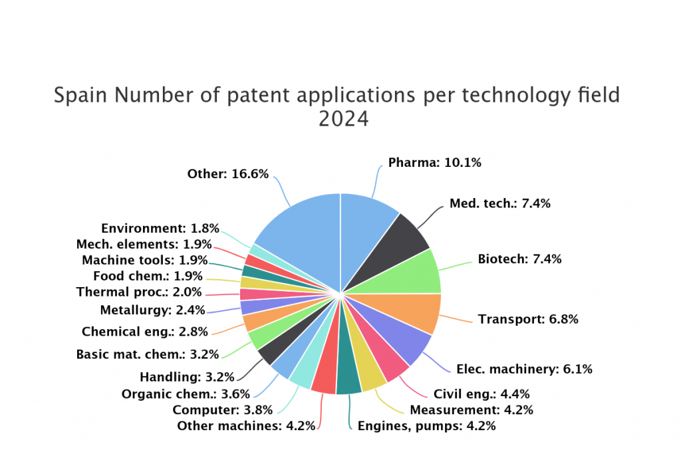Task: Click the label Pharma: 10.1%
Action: coord(435,163)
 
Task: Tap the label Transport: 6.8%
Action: coord(528,320)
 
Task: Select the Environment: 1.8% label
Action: coord(160,228)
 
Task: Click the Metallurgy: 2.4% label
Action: coord(152,310)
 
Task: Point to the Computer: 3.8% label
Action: coord(222,409)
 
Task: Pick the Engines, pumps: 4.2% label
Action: coord(426,426)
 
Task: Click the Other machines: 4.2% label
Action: coord(246,426)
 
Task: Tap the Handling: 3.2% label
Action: coord(187,377)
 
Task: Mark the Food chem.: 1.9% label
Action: coord(148,276)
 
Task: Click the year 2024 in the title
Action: coord(344,119)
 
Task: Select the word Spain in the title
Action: coord(80,95)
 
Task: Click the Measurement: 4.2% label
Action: coord(472,409)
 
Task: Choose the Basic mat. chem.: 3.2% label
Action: coord(148,354)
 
